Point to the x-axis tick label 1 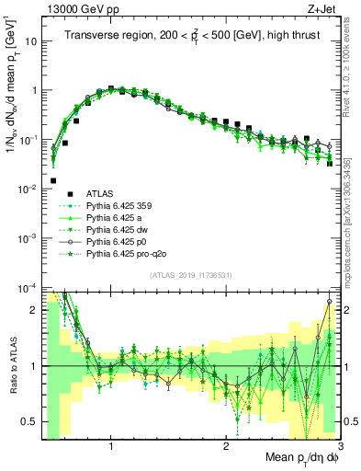pyautogui.click(x=111, y=448)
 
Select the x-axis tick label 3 pyautogui.click(x=339, y=448)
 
